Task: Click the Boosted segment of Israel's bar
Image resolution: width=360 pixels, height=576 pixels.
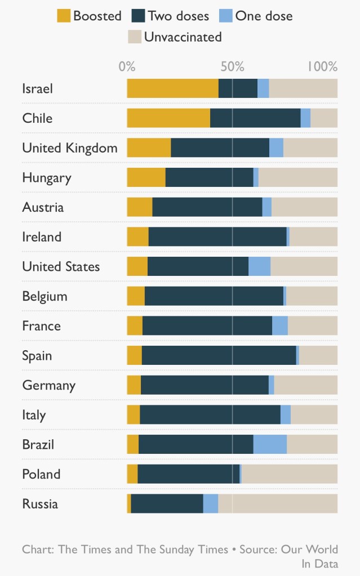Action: pos(172,89)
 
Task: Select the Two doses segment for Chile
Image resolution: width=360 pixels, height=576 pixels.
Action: pos(255,118)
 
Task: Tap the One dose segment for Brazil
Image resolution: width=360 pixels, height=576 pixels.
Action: pos(270,445)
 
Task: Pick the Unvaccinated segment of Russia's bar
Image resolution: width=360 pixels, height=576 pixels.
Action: pos(277,504)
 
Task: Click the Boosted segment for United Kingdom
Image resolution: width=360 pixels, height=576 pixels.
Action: pos(149,148)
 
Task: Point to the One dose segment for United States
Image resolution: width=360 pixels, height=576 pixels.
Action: pos(259,267)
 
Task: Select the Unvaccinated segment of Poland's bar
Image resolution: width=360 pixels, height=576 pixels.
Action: pos(289,474)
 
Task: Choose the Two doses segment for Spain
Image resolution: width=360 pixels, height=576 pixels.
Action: pos(219,356)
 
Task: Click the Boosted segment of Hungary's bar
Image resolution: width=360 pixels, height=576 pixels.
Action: pos(146,178)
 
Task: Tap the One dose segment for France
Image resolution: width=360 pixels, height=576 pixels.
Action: pos(279,326)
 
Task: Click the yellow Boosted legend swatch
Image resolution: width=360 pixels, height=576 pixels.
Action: pos(64,16)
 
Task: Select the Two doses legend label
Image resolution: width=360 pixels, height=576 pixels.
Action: pos(178,16)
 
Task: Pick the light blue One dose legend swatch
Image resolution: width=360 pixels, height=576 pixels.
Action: pos(225,16)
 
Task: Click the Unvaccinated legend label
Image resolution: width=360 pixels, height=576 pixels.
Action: pos(183,38)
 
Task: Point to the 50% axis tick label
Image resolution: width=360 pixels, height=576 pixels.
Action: pos(232,66)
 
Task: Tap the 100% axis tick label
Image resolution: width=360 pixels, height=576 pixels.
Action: pos(322,66)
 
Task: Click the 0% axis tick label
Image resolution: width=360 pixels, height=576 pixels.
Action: pos(127,66)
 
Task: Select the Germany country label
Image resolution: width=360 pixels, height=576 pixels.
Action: pos(48,386)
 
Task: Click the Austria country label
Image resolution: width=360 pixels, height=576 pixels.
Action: pos(43,207)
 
